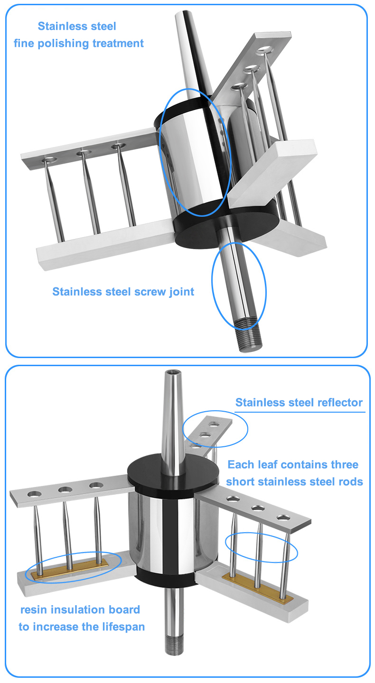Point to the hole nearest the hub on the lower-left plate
point(96,485)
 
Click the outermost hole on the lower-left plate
point(34,494)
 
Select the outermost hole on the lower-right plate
point(284,517)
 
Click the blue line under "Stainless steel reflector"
point(301,412)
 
